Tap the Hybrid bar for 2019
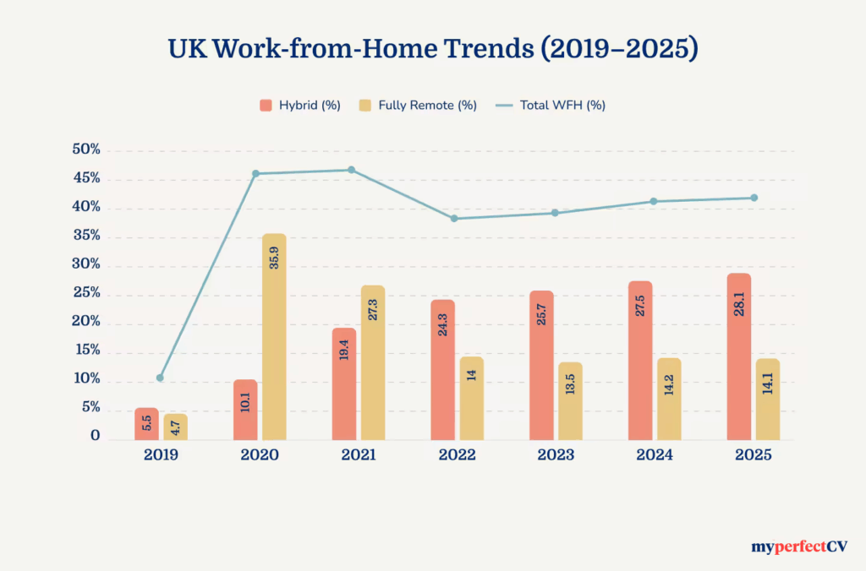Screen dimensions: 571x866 point(146,423)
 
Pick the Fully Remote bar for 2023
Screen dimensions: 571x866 point(570,400)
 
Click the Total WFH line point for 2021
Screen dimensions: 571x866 point(351,170)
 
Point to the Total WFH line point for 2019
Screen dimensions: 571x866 point(160,378)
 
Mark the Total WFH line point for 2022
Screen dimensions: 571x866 point(454,219)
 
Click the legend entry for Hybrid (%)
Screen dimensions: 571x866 point(300,106)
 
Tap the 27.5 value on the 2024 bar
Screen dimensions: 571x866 point(640,306)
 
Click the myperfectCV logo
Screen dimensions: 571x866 point(799,547)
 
